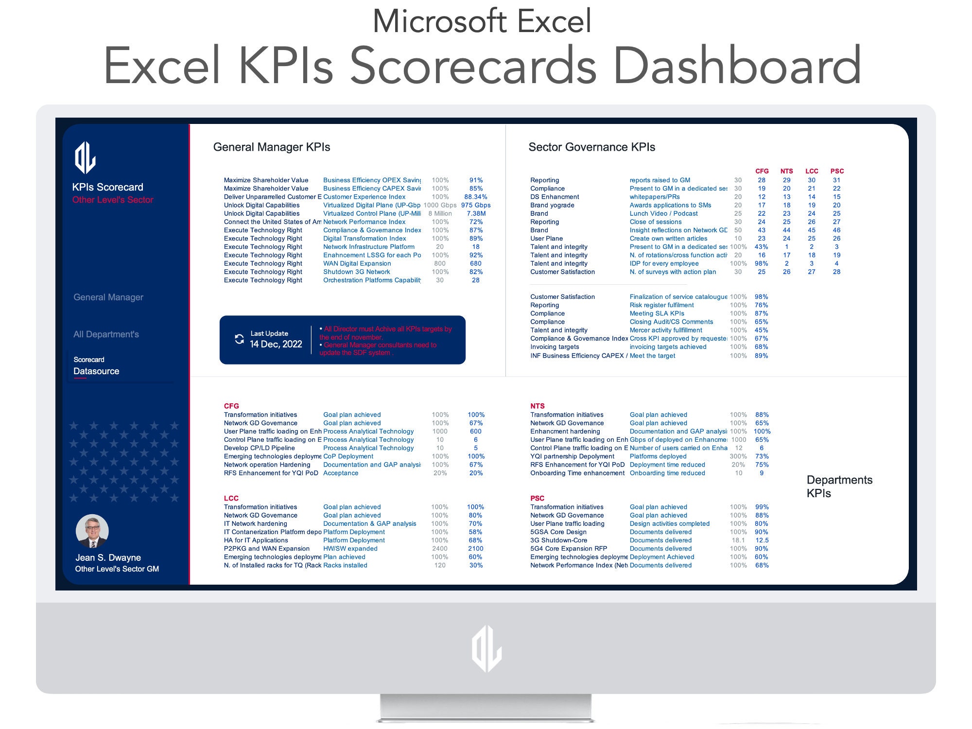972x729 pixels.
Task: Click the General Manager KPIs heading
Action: click(x=271, y=147)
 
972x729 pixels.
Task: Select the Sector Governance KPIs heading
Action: click(x=591, y=147)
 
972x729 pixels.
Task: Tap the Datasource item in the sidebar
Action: click(x=96, y=371)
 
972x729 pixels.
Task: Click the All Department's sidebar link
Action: click(x=106, y=334)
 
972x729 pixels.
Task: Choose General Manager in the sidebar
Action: click(x=108, y=297)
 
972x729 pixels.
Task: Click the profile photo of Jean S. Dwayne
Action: click(x=92, y=531)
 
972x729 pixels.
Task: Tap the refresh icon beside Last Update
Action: click(x=239, y=339)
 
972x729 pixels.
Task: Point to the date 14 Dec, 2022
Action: click(x=276, y=345)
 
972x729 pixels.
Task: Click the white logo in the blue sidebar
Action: click(x=85, y=157)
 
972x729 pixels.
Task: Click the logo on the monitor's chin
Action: click(x=486, y=649)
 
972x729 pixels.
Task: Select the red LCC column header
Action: click(x=812, y=171)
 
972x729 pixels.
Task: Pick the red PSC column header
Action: click(x=837, y=171)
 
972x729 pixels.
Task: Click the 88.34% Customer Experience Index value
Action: click(x=475, y=197)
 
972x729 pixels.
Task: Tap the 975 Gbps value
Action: click(x=475, y=205)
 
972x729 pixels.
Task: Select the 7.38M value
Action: click(x=476, y=213)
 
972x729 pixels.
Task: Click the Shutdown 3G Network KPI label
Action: click(x=356, y=272)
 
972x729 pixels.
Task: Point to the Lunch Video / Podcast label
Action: click(x=663, y=213)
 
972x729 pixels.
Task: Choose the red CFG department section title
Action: click(x=231, y=406)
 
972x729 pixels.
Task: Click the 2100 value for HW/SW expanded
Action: click(x=475, y=549)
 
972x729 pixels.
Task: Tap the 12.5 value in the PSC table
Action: click(x=762, y=540)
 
